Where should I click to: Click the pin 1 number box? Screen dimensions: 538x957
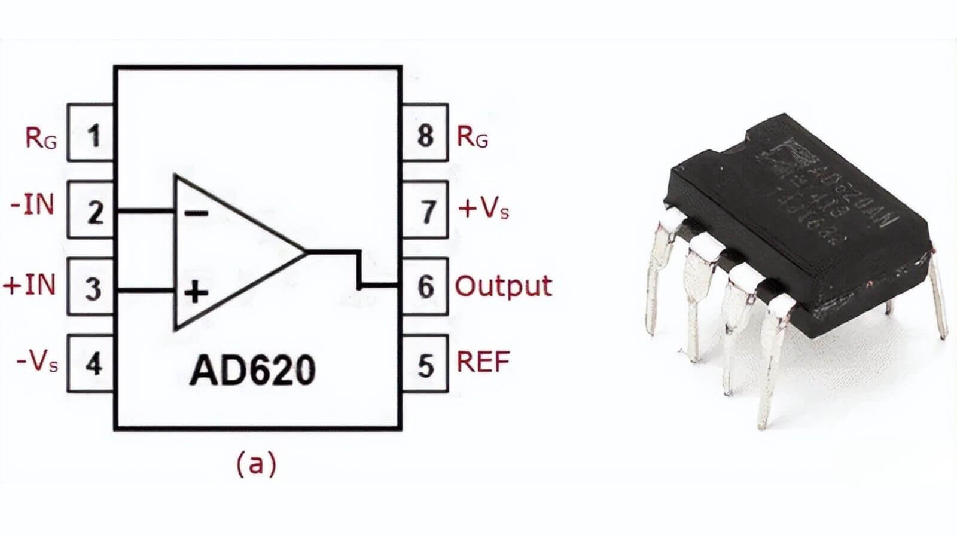coord(91,133)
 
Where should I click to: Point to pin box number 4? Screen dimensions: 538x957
coord(91,363)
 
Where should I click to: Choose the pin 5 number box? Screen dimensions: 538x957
coord(425,363)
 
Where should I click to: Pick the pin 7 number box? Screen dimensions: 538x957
coord(425,210)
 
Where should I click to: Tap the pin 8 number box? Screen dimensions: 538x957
coord(425,133)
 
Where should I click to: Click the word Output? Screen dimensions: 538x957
coord(503,286)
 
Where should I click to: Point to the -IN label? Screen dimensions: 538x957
coord(33,205)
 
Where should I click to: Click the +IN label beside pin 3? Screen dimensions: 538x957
coord(30,285)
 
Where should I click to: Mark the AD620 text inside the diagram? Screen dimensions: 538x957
coord(252,370)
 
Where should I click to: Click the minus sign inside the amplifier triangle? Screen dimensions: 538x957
coord(196,213)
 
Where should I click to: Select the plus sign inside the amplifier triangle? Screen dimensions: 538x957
coord(196,293)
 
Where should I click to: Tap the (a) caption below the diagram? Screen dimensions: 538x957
coord(257,463)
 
